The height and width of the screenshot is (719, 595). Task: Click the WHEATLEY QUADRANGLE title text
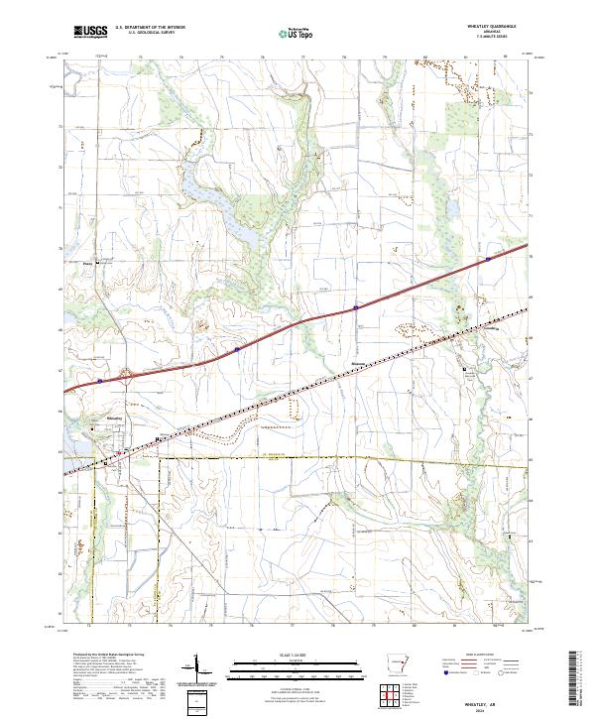click(505, 28)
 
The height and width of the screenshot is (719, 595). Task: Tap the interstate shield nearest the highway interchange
click(100, 378)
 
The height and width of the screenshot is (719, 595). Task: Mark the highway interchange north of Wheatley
click(126, 375)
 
